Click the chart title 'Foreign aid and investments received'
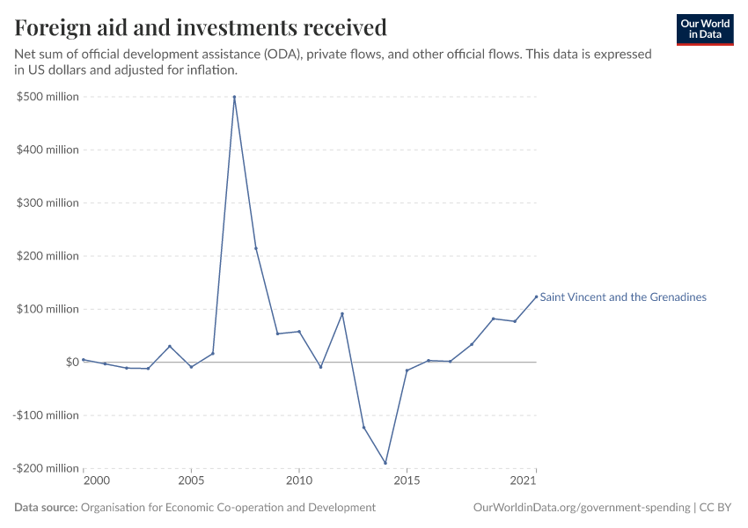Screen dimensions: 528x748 pos(201,28)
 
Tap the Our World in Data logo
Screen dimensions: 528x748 pos(705,29)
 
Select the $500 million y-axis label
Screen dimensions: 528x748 pos(48,97)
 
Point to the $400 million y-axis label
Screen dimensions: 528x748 pos(48,150)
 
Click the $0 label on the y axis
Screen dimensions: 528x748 pos(72,362)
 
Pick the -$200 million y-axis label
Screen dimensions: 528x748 pos(46,468)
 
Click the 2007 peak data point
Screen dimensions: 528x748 pos(234,97)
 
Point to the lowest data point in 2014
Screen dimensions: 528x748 pos(385,463)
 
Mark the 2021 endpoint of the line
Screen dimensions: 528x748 pos(536,297)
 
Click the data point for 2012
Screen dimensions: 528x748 pos(342,313)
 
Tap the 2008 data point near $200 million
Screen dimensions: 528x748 pos(256,248)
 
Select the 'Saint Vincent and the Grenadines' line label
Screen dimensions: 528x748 pos(623,297)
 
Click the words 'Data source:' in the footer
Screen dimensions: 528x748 pos(46,508)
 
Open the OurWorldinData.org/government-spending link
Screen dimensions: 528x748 pos(581,508)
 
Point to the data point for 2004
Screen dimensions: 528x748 pos(170,346)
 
